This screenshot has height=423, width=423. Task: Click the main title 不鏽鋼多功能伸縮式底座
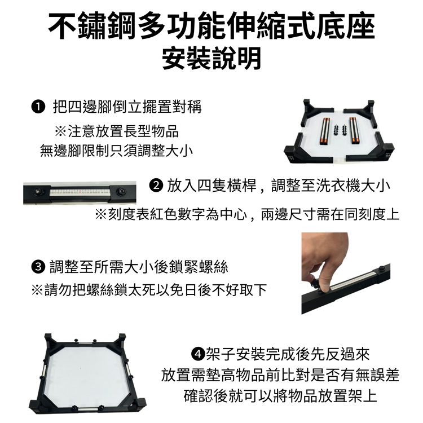[x=211, y=27]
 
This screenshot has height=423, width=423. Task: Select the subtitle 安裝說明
[x=211, y=59]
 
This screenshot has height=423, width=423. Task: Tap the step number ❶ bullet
[x=38, y=107]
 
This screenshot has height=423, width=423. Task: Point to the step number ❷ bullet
[x=156, y=186]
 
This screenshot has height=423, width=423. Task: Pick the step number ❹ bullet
[x=198, y=354]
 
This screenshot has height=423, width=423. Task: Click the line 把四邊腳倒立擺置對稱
[x=127, y=107]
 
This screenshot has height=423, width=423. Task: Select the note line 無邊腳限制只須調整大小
[x=116, y=150]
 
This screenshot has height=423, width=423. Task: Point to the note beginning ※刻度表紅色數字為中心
[x=247, y=215]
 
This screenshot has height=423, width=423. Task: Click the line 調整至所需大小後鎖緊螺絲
[x=139, y=267]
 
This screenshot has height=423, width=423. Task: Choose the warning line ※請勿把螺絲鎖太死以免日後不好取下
[x=149, y=290]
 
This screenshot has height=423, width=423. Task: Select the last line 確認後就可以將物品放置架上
[x=280, y=396]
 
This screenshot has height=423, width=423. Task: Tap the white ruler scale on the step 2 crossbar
[x=80, y=192]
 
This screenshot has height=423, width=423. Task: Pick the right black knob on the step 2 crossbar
[x=120, y=192]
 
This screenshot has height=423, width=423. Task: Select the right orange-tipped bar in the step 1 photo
[x=354, y=131]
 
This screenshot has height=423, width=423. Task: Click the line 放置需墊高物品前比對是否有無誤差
[x=280, y=375]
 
